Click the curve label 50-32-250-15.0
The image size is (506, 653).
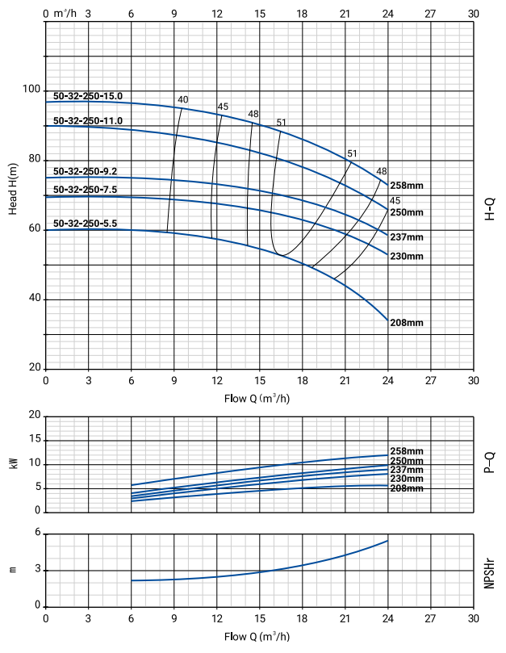coord(88,96)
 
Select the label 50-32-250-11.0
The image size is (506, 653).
coord(88,120)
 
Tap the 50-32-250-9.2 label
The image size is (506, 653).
coord(86,171)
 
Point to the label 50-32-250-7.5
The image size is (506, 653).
coord(86,190)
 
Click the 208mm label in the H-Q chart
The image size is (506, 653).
coord(407,323)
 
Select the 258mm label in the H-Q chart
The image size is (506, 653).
coord(407,186)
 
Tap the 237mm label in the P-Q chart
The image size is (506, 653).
coord(406,470)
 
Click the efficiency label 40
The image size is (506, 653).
coord(183,99)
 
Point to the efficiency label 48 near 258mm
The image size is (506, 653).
coord(382,171)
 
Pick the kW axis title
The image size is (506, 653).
coord(13,464)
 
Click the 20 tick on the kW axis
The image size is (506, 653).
coord(34,416)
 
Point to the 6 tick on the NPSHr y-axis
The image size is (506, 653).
coord(36,534)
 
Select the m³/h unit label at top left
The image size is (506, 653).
coord(62,13)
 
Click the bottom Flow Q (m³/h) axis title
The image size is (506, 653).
coord(257,635)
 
